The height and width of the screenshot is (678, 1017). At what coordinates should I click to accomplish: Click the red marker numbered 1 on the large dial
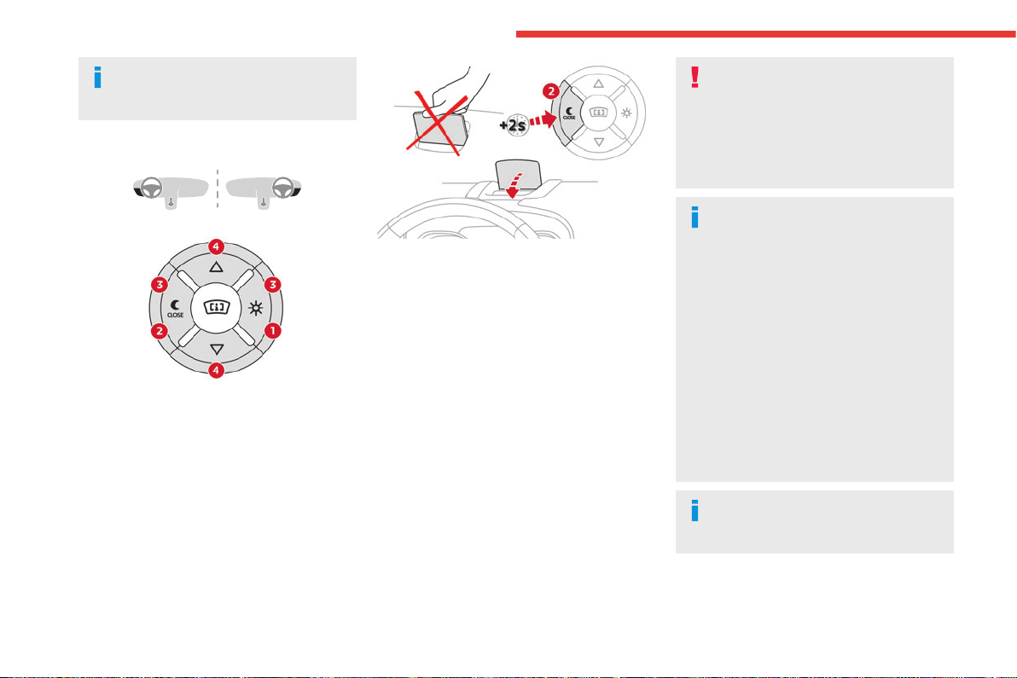pyautogui.click(x=273, y=331)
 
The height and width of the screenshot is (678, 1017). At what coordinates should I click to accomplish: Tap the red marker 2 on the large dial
pyautogui.click(x=159, y=331)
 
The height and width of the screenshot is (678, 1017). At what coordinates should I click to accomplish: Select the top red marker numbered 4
pyautogui.click(x=216, y=247)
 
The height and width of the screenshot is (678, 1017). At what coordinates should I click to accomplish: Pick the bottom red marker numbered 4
pyautogui.click(x=216, y=370)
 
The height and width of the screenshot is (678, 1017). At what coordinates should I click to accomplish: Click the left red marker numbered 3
pyautogui.click(x=159, y=285)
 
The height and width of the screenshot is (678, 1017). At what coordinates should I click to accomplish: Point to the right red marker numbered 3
pyautogui.click(x=273, y=285)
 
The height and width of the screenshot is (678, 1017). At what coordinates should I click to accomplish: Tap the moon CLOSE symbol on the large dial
pyautogui.click(x=175, y=309)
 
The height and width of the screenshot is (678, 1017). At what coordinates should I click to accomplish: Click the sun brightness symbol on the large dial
pyautogui.click(x=256, y=309)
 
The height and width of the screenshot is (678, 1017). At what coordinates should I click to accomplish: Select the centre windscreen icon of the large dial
pyautogui.click(x=217, y=307)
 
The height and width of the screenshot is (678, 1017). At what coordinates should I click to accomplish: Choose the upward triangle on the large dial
pyautogui.click(x=216, y=267)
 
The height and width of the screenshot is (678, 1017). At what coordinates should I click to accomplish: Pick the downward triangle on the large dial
pyautogui.click(x=217, y=350)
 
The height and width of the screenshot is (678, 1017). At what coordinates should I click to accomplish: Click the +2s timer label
pyautogui.click(x=513, y=125)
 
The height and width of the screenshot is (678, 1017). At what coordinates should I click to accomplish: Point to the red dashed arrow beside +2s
pyautogui.click(x=543, y=119)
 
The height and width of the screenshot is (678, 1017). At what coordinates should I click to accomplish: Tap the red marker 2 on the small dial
pyautogui.click(x=550, y=90)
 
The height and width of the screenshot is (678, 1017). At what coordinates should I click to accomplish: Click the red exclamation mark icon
pyautogui.click(x=694, y=77)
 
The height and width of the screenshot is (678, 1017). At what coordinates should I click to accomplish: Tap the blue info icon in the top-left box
pyautogui.click(x=98, y=77)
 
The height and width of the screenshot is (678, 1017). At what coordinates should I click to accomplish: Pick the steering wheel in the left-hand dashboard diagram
pyautogui.click(x=152, y=188)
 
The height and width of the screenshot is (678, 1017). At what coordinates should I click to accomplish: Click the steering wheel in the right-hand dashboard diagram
pyautogui.click(x=282, y=188)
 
